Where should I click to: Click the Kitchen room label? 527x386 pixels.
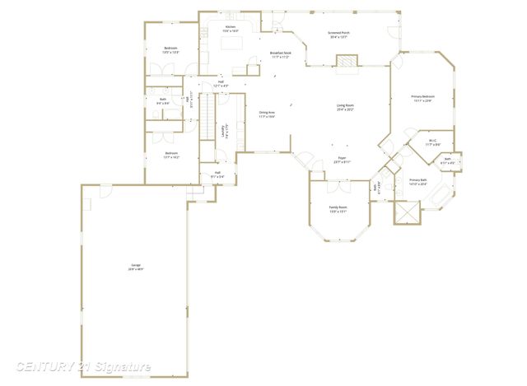[231, 28]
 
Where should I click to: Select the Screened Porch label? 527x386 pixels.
[338, 34]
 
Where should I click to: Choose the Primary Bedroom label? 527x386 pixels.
[422, 98]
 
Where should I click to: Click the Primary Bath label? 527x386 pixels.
[418, 181]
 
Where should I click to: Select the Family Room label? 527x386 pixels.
[338, 209]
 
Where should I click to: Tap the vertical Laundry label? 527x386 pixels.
[224, 133]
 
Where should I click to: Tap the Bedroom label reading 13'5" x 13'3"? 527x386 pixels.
[170, 50]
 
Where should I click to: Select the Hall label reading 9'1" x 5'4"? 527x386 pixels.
[217, 174]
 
